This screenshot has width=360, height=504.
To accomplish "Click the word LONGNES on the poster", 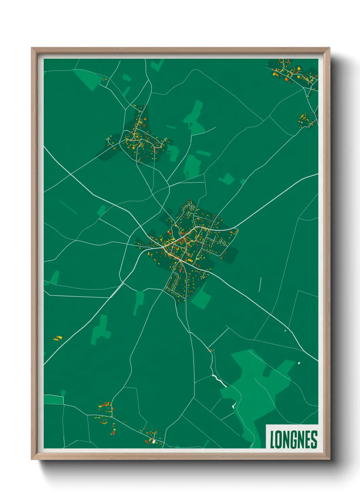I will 293,439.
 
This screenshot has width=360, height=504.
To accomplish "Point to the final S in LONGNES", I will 314,439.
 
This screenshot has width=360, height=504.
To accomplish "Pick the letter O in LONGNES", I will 279,439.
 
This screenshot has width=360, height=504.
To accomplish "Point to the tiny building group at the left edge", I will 59,338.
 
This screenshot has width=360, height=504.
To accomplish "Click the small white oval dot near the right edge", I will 299,363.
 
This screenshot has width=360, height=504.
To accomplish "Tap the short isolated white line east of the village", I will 260,284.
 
